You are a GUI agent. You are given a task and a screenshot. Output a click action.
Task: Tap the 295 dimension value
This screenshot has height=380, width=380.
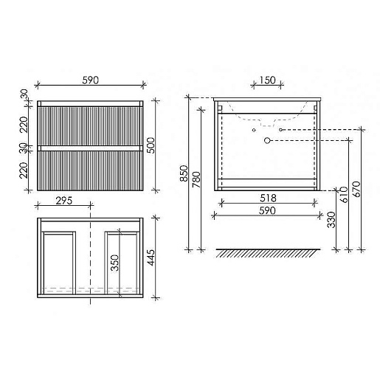tap(64, 201)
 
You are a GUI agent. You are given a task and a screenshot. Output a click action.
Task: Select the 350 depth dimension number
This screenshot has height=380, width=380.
tap(114, 263)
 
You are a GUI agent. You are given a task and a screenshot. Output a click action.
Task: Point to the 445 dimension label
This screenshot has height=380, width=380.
tap(151, 258)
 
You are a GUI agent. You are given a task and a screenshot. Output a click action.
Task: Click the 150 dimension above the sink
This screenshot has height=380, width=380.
tap(267, 80)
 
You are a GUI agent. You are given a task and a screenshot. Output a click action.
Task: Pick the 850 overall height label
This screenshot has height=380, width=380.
tap(184, 173)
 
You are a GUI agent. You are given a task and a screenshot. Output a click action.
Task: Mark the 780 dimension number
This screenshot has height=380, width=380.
tap(196, 179)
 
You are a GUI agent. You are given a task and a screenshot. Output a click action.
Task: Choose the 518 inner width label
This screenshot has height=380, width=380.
tap(268, 198)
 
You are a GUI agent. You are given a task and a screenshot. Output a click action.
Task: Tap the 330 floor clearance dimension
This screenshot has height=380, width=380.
tap(331, 220)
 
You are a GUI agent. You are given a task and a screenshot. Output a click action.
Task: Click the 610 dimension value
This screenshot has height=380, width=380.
tap(344, 194)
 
